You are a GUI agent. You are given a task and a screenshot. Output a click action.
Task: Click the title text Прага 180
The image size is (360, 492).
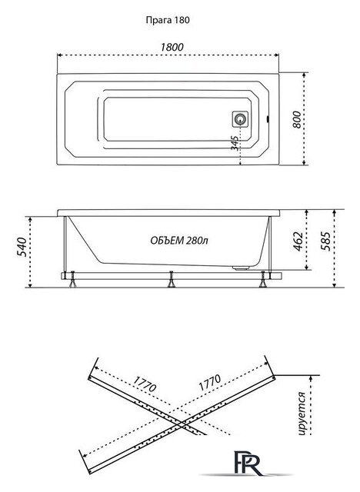(168, 21)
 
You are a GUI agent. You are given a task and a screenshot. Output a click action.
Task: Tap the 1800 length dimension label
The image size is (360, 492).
(172, 47)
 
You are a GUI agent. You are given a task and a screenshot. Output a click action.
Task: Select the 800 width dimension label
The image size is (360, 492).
(297, 120)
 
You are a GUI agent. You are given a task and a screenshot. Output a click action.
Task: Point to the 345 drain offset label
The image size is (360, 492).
(235, 143)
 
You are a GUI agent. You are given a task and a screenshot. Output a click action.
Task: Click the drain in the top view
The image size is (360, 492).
(241, 119)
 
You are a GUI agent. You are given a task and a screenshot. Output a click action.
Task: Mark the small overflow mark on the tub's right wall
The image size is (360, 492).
(267, 119)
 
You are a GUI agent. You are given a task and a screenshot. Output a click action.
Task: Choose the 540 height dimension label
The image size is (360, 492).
(22, 247)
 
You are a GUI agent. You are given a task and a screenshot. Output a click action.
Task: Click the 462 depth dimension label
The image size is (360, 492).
(298, 241)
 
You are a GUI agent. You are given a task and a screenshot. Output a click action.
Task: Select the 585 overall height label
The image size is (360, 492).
(325, 241)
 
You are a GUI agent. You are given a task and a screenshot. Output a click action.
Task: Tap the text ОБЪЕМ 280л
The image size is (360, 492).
(179, 241)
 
